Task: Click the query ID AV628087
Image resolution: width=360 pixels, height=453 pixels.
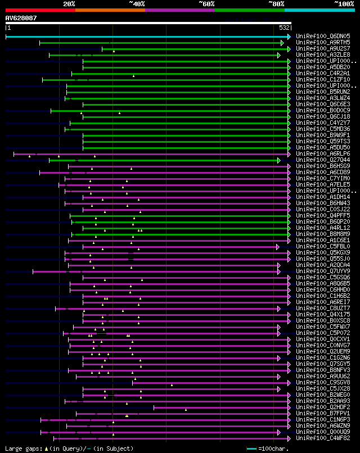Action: (x=21, y=18)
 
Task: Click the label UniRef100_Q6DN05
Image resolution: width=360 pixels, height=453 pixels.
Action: (x=323, y=37)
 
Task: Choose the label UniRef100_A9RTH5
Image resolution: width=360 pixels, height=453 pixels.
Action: (x=323, y=43)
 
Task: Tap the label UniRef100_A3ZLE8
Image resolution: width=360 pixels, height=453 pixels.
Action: (x=323, y=55)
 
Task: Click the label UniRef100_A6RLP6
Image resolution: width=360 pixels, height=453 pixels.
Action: (x=323, y=154)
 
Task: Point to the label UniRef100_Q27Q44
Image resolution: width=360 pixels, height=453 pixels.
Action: (x=323, y=160)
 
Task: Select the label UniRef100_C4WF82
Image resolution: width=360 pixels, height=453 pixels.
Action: (x=323, y=438)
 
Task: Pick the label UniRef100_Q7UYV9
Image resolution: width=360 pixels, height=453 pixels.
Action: (x=323, y=271)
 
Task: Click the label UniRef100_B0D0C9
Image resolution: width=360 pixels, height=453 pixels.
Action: (x=323, y=111)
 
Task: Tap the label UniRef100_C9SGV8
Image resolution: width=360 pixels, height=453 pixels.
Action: (x=323, y=383)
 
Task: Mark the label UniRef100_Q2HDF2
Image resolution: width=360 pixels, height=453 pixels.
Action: (x=323, y=407)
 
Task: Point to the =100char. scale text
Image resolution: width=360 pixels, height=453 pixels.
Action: (x=273, y=449)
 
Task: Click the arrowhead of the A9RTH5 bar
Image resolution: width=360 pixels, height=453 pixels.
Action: (x=282, y=43)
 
